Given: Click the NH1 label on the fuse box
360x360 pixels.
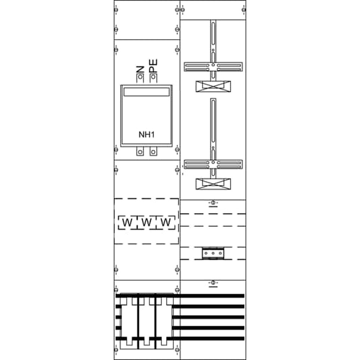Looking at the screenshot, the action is point(147,135).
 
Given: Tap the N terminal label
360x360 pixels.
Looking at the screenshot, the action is point(140,69).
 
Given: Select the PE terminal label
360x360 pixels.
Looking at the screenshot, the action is point(153,66).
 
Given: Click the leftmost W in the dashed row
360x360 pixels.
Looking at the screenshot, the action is point(127,222).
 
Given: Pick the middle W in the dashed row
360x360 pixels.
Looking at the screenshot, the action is point(147,222).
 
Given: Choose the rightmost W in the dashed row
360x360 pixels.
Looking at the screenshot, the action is point(166,222).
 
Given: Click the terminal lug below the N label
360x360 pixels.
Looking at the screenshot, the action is point(140,78).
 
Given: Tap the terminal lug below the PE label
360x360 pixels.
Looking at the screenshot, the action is point(153,78).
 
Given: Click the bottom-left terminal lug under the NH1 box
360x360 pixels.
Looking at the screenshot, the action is point(140,151).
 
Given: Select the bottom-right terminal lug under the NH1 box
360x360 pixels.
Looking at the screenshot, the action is point(153,151).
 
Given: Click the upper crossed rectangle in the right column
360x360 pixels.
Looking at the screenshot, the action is point(213,86).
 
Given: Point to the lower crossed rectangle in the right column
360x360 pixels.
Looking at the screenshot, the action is point(213,184).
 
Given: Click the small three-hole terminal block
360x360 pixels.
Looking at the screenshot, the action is point(213,253).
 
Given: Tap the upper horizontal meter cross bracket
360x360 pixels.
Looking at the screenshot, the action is point(213,67).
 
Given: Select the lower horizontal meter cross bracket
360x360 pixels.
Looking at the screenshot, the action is point(213,164).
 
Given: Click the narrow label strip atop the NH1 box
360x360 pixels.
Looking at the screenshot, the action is point(147,92).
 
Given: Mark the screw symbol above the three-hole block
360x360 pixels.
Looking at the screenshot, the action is point(213,203).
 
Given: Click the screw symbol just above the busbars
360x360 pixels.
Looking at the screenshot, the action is point(213,283).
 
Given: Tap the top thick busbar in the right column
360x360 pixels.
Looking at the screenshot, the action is point(208,296).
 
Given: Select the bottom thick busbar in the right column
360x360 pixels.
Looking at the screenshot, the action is point(208,338).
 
